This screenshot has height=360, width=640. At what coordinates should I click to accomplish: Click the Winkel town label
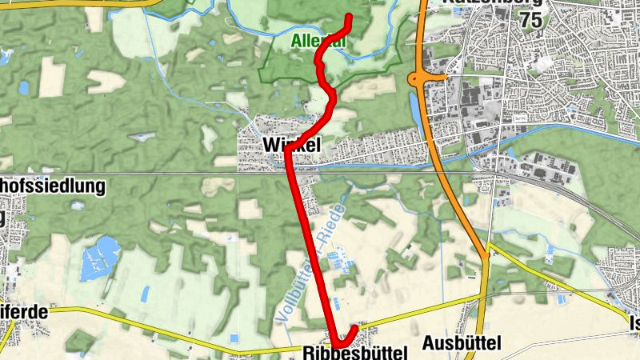coord(291,145)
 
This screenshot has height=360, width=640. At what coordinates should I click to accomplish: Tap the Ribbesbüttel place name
coord(354,352)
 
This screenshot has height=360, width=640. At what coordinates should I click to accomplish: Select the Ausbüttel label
coord(462,344)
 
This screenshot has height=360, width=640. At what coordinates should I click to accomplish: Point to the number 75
coord(530,22)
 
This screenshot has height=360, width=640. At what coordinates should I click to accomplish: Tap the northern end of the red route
coord(350,18)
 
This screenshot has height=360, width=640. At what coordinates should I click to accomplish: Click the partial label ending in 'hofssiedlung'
coord(53,187)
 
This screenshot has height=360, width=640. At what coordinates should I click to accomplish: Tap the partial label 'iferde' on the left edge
coord(24,313)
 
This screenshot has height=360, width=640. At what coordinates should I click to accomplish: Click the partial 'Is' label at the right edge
coord(634,323)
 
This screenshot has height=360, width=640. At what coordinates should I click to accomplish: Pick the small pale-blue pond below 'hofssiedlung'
coord(77,206)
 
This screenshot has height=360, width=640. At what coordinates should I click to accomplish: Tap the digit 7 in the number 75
coord(524,22)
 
